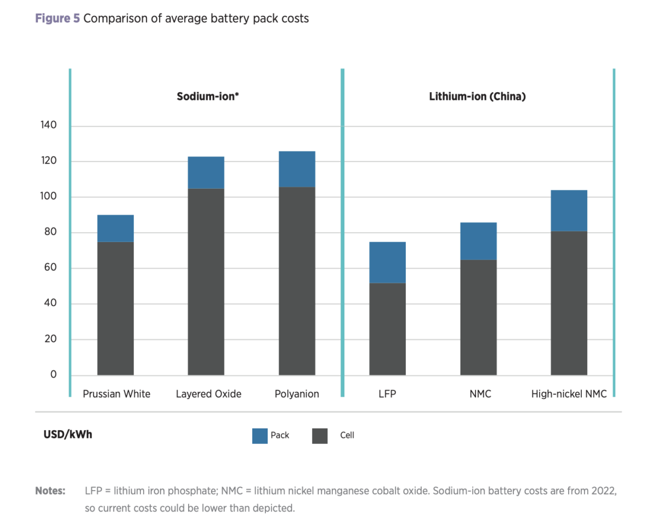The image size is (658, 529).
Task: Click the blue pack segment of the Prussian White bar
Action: tap(115, 228)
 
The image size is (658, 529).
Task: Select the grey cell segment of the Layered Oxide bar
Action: tap(206, 282)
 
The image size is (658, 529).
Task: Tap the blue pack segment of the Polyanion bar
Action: tap(297, 169)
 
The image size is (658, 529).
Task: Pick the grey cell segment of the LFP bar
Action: tap(387, 329)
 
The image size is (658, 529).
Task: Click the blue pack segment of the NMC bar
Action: tap(478, 241)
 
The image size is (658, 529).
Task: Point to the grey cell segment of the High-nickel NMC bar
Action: tap(569, 303)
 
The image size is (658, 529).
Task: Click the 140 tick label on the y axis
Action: tap(48, 126)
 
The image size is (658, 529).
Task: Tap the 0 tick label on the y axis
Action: tap(53, 375)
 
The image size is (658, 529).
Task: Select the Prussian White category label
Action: tap(116, 394)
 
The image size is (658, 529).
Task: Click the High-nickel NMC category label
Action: tap(569, 394)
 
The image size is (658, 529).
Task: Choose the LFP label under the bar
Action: tap(387, 394)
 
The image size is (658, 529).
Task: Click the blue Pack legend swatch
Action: tap(260, 436)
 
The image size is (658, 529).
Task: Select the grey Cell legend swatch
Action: tap(320, 436)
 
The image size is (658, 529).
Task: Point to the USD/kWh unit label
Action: tap(68, 435)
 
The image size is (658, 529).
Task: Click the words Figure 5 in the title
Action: tap(58, 19)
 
